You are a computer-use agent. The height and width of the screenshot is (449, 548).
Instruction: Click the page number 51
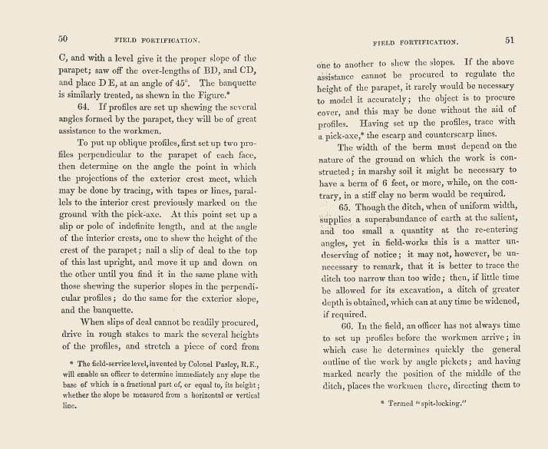coord(510,39)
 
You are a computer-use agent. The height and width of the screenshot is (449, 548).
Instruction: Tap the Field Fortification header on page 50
coord(157,39)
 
